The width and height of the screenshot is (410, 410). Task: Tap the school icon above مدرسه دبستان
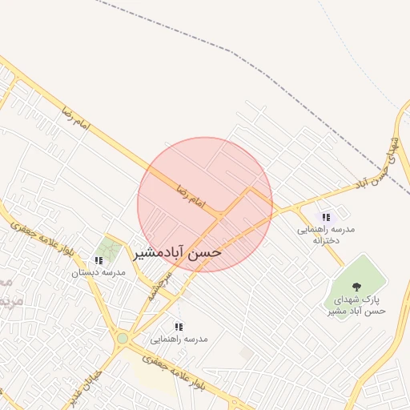(x=98, y=260)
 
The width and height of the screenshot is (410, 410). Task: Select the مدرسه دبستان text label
(x=98, y=273)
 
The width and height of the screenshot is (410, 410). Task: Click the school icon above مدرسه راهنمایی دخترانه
(x=326, y=217)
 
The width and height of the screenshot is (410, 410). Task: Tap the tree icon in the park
(x=356, y=286)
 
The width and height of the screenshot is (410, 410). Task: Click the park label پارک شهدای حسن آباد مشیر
(x=357, y=304)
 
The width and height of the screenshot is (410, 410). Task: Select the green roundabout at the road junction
(x=122, y=339)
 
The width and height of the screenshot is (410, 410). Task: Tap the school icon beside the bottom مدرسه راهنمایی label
(x=179, y=327)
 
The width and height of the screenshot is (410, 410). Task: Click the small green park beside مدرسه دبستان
(x=109, y=249)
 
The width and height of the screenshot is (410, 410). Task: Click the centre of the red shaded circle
(x=205, y=205)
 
